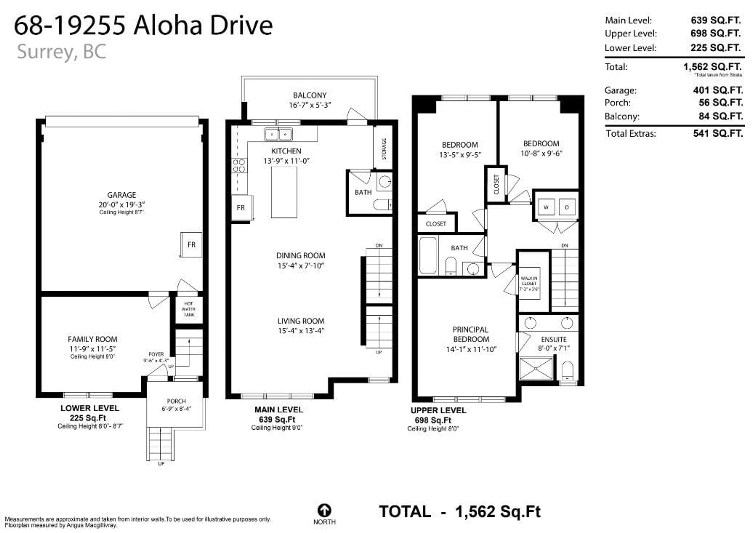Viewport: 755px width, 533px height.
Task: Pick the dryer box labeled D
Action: (x=567, y=207)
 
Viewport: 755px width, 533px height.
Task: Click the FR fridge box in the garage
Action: (x=191, y=244)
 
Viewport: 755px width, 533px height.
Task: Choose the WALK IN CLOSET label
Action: (x=529, y=283)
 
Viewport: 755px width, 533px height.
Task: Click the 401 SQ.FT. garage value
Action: (x=718, y=90)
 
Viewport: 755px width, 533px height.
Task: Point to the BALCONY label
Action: (x=310, y=95)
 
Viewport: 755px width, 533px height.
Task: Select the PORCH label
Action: (x=176, y=401)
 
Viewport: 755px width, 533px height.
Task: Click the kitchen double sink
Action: (x=278, y=134)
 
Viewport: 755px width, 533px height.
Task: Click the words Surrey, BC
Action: (x=62, y=52)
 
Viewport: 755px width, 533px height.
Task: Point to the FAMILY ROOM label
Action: (x=92, y=339)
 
